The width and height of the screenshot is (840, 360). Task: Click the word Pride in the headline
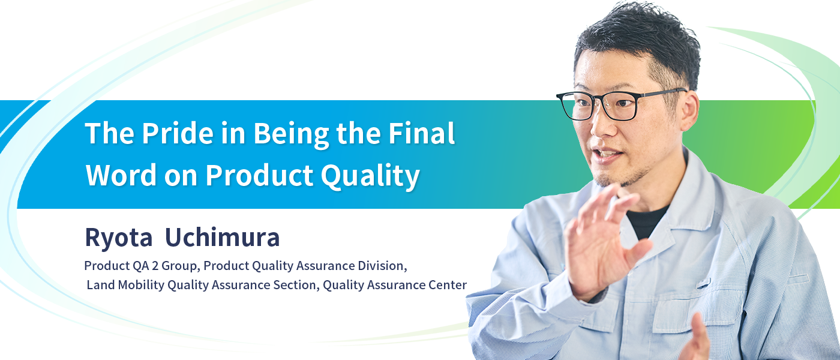[x=178, y=133]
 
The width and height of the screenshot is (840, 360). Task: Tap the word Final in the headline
[x=421, y=133]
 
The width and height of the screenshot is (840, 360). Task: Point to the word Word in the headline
[x=121, y=175]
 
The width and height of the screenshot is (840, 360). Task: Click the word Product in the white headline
[x=259, y=175]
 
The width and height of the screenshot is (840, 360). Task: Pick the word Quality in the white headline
[x=370, y=176]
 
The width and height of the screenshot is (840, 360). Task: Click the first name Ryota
[x=119, y=238]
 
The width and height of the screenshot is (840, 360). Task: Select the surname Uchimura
[x=223, y=237]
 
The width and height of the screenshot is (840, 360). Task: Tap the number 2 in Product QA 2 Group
[x=155, y=266]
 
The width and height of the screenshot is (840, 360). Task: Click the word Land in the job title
[x=101, y=285]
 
